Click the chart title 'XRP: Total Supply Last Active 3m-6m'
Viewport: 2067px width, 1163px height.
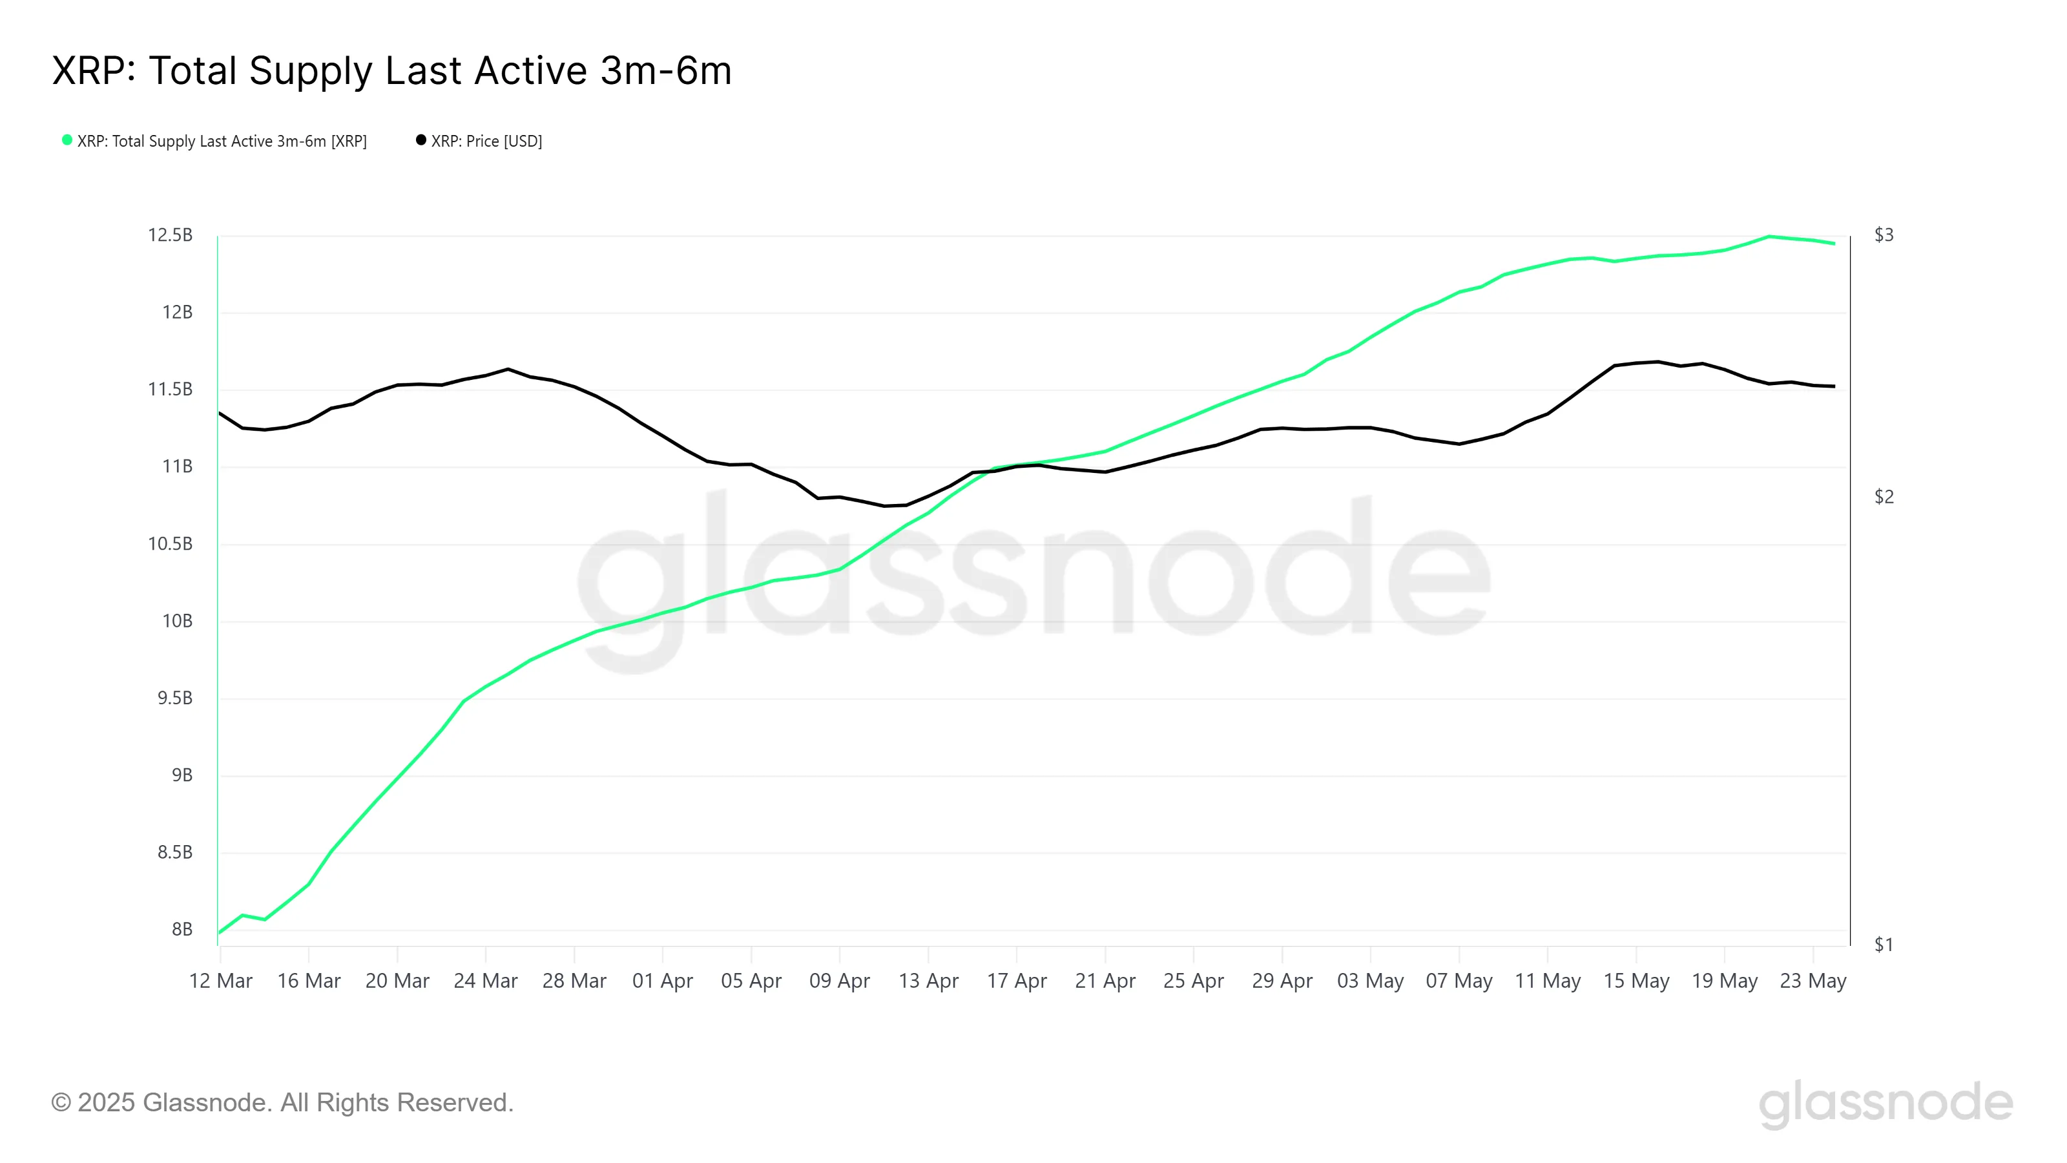391,70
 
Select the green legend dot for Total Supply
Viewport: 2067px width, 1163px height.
67,140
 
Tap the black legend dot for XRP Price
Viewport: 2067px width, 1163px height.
421,140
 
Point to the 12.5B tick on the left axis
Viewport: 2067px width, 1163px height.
170,235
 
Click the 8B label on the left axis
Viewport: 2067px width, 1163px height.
182,930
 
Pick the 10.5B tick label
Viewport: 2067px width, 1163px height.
170,544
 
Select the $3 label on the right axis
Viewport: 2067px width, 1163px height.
1884,235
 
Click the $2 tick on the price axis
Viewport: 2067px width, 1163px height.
1884,497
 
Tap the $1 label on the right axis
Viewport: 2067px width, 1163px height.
1884,945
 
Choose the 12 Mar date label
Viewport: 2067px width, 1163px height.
221,981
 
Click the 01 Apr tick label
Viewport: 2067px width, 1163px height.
663,981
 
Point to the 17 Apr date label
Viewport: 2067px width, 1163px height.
1017,981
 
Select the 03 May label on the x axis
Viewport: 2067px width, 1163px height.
1371,981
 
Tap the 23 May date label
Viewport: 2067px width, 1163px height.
1813,981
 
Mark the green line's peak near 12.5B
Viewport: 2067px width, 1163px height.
1769,236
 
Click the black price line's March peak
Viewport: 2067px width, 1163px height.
508,369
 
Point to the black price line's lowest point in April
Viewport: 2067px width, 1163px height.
884,506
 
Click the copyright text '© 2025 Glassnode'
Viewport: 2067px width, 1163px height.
282,1103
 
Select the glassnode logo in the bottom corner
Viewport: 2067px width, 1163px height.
1885,1103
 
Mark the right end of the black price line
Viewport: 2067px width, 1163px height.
1834,386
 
